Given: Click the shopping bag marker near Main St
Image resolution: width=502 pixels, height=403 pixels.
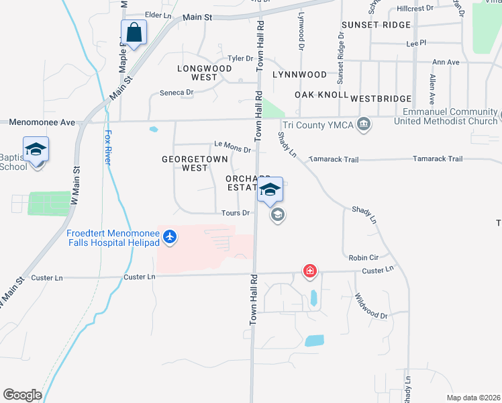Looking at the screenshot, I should pos(134,33).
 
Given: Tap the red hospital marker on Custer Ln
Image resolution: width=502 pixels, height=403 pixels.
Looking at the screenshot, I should pos(310,271).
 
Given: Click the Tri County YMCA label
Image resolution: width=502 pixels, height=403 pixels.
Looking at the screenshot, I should pos(317,125).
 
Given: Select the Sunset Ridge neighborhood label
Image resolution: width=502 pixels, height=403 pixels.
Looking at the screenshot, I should pos(375,25).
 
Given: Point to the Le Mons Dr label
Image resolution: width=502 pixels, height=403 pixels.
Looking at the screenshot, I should pos(232,146).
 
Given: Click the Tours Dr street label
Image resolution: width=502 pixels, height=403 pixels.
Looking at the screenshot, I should pos(236,213).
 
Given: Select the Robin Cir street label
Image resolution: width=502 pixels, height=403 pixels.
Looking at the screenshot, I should pos(364,257).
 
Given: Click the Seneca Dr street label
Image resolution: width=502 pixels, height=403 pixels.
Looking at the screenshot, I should pos(177,92).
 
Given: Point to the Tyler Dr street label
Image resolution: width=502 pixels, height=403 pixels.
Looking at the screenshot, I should pos(240,58).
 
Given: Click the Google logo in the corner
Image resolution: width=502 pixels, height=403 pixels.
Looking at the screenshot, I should pos(22,395).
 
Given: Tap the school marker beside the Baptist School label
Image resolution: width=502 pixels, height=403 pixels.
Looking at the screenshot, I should pos(36,150).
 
